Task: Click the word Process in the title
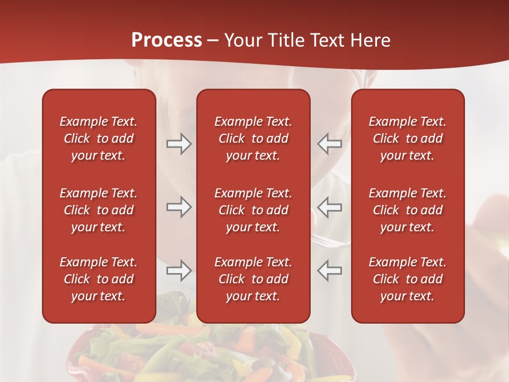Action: (x=166, y=40)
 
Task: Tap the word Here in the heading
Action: (x=370, y=40)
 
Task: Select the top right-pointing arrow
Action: (x=179, y=143)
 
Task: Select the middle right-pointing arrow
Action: (x=179, y=207)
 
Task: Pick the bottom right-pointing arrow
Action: (x=179, y=271)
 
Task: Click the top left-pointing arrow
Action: (x=329, y=143)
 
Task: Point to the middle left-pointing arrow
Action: (x=329, y=207)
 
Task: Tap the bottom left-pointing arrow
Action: (x=329, y=271)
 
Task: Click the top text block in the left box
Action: (x=99, y=138)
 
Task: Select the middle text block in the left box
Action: (x=99, y=210)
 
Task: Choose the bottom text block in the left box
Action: (x=99, y=279)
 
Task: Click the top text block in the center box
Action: (x=253, y=138)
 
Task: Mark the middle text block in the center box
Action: (x=253, y=210)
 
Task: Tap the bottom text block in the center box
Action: (x=253, y=279)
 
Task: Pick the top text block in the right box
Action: (x=408, y=138)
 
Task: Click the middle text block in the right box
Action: (x=408, y=210)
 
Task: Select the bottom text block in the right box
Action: (x=408, y=279)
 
